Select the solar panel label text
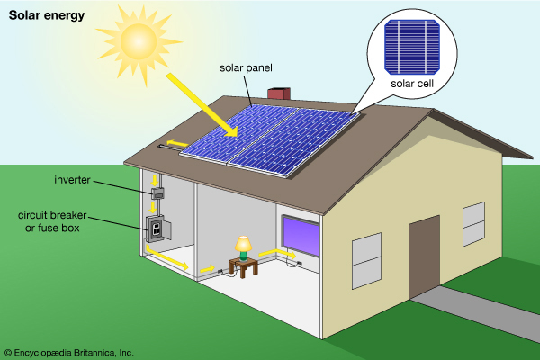245,67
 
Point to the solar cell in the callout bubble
413,46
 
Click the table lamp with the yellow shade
242,246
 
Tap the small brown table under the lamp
243,265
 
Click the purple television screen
301,236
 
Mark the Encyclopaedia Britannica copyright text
68,352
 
